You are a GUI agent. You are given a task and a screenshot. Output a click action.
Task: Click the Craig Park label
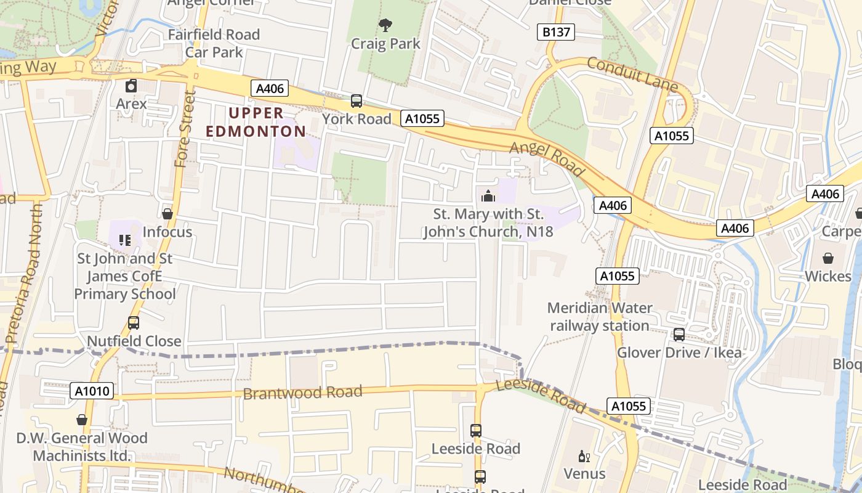[x=385, y=44]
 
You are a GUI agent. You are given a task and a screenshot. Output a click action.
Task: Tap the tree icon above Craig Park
[x=385, y=25]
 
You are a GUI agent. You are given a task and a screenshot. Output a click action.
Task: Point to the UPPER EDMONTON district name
[x=256, y=122]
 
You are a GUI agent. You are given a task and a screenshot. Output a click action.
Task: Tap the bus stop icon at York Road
[x=356, y=101]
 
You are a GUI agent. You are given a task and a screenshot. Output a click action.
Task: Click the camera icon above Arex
[x=131, y=86]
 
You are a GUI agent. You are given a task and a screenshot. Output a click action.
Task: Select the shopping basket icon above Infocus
[x=167, y=214]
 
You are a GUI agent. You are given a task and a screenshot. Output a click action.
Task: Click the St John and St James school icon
[x=125, y=240]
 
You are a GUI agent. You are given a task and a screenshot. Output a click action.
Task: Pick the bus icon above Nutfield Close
[x=133, y=322]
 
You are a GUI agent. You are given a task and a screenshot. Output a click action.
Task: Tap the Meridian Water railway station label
[x=599, y=316]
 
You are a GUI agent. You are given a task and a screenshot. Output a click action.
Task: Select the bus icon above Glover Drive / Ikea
[x=679, y=334]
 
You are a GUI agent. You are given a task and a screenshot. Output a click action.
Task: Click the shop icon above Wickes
[x=828, y=258]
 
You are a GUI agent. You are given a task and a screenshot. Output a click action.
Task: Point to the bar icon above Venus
[x=584, y=457]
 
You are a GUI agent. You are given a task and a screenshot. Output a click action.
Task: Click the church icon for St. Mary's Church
[x=488, y=196]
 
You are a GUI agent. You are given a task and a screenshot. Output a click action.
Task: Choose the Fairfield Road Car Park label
[x=214, y=43]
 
